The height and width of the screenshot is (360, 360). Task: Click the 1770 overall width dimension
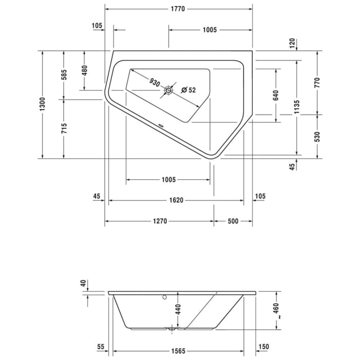[x=178, y=9]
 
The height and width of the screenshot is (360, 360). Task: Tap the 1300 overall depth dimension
[x=43, y=104]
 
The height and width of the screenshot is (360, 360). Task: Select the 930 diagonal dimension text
[x=154, y=82]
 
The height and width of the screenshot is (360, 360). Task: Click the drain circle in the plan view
[x=168, y=90]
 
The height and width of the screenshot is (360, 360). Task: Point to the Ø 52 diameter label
[x=189, y=90]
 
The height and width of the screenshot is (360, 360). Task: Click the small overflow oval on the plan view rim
[x=161, y=125]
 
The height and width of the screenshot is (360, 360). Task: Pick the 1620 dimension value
[x=176, y=200]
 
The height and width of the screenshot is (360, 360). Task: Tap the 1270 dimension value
[x=160, y=221]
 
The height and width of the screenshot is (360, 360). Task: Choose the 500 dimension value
[x=233, y=221]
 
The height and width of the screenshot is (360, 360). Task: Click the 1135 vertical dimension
[x=297, y=107]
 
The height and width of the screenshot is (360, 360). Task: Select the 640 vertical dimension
[x=276, y=95]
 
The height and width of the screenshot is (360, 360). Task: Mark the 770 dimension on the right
[x=317, y=83]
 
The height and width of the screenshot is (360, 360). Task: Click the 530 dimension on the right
[x=317, y=137]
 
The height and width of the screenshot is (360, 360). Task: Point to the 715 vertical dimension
[x=64, y=129]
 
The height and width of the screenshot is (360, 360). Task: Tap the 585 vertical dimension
[x=64, y=75]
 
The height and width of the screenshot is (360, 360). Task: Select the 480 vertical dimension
[x=84, y=70]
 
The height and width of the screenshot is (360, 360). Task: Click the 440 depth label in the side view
[x=178, y=309]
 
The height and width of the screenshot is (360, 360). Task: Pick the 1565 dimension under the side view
[x=178, y=351]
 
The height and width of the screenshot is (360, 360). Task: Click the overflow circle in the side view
[x=165, y=297]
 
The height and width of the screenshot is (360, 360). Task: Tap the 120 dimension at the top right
[x=292, y=43]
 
